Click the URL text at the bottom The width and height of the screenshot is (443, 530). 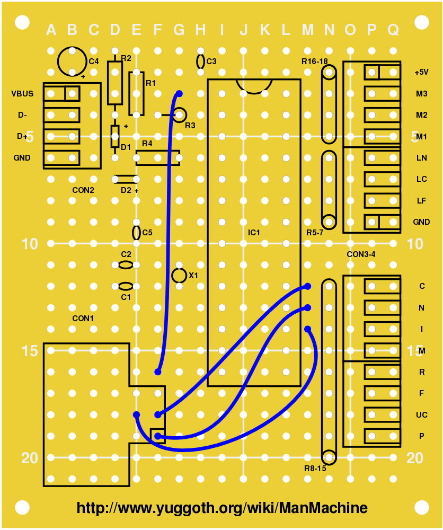pos(222,508)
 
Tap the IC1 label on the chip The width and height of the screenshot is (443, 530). pos(254,233)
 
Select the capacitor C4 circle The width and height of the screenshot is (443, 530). pos(72,61)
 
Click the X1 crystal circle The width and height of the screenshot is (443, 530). pos(180,275)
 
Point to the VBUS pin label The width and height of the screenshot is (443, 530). pos(22,94)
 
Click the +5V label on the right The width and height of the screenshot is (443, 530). pos(421,72)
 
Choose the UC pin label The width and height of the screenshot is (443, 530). pos(422,414)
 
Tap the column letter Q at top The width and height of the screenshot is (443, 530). pos(393,30)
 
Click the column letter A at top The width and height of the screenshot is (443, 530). pos(51,30)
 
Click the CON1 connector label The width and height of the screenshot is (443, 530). pos(83,319)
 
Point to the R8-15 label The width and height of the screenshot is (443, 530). pos(315,469)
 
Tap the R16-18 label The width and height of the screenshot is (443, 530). pos(315,61)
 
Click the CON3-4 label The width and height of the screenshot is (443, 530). pos(361,254)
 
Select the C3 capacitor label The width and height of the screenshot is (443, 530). pos(211,61)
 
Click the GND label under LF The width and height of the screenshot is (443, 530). pos(421,222)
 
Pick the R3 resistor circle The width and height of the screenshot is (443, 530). pos(180,114)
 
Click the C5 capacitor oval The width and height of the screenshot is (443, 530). pos(136,232)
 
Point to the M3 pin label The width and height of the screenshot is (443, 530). pos(422,94)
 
